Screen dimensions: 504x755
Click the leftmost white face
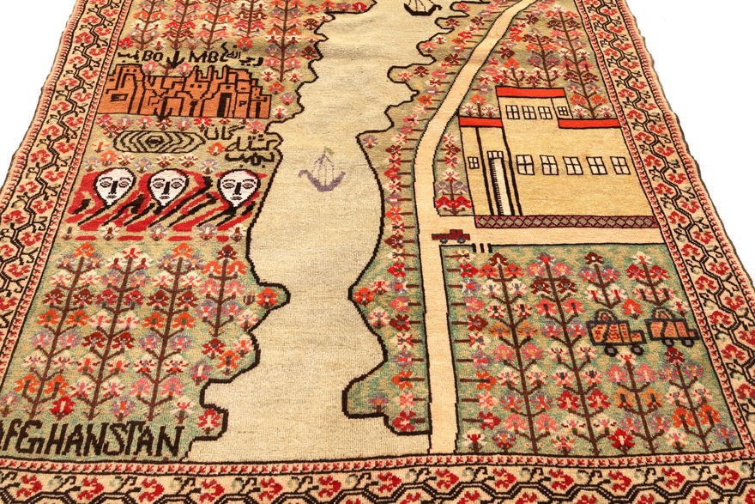pos(114,185)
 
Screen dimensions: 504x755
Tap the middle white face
pos(168,185)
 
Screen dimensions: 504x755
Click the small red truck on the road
pos(450,235)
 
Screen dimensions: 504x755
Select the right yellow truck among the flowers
pos(671,327)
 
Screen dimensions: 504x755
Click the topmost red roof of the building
pos(530,92)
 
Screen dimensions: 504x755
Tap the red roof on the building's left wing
pos(480,122)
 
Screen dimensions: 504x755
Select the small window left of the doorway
pos(473,161)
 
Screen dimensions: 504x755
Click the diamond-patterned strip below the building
pos(566,222)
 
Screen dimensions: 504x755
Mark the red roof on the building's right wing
pos(589,123)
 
